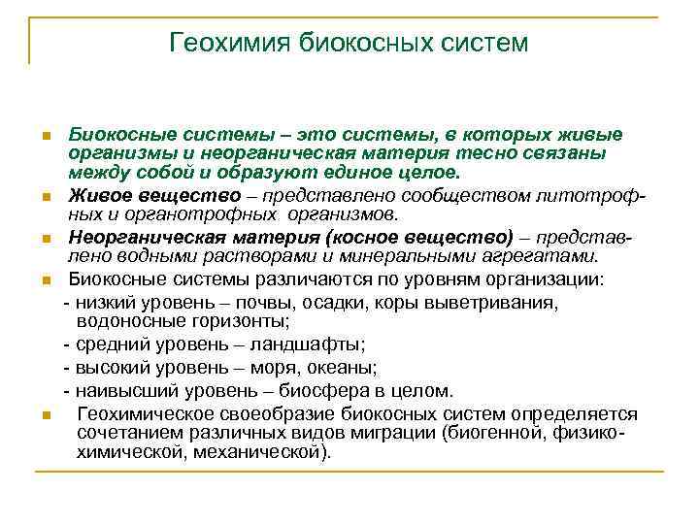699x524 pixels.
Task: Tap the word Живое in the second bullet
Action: (94, 196)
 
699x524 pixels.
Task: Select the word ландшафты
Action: (311, 344)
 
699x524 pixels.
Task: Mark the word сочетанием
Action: (126, 433)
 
